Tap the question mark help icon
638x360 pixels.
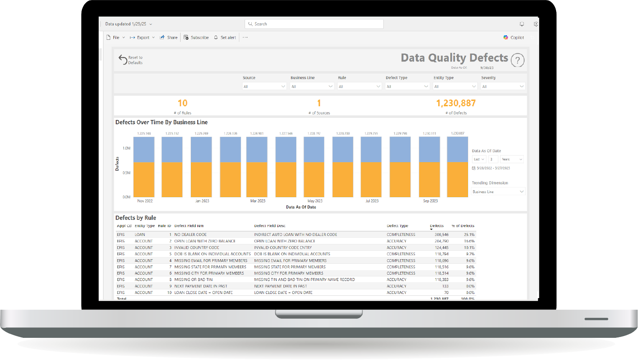518,60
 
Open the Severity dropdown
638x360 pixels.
503,87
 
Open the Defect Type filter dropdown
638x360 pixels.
407,87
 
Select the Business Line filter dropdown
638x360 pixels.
312,87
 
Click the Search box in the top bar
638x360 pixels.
314,24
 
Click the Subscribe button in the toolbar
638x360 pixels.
197,38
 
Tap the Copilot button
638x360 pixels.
514,38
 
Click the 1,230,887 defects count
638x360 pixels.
456,103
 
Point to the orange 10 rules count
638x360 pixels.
182,103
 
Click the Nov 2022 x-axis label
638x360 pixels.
145,201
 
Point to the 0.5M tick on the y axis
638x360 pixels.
126,173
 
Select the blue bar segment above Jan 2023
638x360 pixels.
201,149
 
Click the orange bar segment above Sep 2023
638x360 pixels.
429,179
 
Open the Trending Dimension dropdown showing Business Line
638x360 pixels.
498,192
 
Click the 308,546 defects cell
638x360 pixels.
441,235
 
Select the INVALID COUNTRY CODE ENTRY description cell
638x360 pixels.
283,248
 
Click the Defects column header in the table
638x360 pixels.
437,226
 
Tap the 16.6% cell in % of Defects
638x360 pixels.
469,241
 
